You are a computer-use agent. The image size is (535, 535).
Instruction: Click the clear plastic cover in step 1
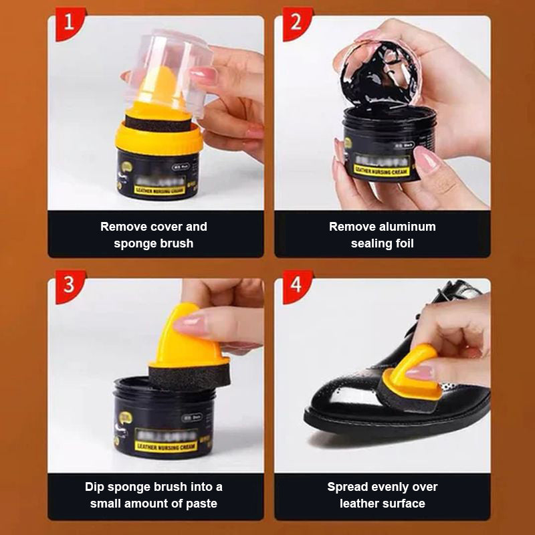[x=167, y=67]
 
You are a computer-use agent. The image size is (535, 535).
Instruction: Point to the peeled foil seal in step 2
[x=381, y=74]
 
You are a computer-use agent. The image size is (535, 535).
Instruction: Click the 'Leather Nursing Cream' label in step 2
[x=381, y=171]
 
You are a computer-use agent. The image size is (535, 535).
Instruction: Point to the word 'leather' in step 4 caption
[x=362, y=504]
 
